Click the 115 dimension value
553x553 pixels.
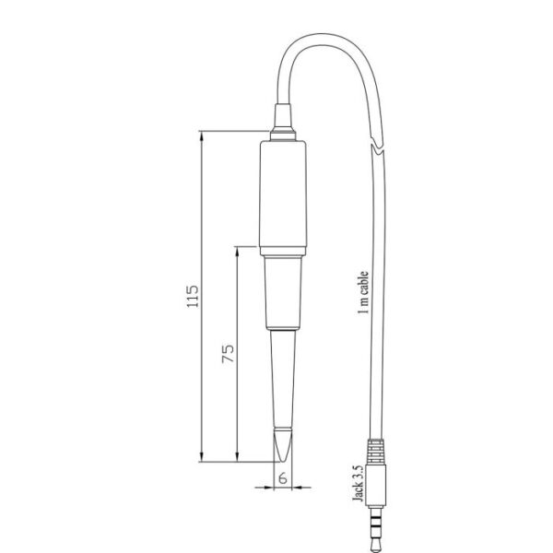193,296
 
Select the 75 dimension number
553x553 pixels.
228,354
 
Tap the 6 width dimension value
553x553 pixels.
283,478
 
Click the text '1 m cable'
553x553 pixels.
363,292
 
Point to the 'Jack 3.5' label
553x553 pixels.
358,483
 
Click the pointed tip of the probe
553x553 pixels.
283,461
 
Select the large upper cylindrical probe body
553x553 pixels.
283,197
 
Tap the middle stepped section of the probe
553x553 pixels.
283,293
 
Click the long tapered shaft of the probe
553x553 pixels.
283,379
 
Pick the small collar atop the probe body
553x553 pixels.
283,135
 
